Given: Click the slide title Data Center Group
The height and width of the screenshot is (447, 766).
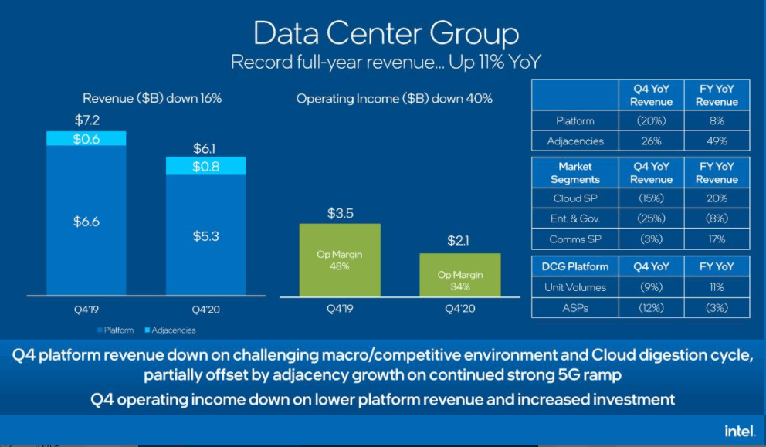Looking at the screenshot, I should (x=386, y=34).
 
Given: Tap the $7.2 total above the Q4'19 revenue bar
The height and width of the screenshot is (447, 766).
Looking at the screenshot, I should (x=86, y=120).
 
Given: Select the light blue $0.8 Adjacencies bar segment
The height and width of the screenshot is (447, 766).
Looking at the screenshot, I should (x=206, y=166).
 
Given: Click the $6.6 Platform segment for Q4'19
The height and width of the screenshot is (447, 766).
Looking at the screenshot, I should (x=86, y=222).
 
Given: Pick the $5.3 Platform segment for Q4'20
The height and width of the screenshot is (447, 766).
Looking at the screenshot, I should (x=206, y=235).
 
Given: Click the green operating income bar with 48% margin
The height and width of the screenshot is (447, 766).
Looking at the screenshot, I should (x=340, y=259).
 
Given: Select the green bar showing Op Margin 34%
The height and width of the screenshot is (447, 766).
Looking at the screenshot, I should (x=459, y=275).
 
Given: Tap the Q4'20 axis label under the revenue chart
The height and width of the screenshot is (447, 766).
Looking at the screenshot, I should (x=206, y=311).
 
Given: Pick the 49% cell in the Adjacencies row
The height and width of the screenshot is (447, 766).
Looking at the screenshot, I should (x=717, y=141).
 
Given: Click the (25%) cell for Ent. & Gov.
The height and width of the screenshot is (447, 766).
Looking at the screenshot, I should (x=652, y=218).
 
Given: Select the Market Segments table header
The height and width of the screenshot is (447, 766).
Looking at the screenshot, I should (x=575, y=173).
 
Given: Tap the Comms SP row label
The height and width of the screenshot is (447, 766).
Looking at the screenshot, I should (x=575, y=239).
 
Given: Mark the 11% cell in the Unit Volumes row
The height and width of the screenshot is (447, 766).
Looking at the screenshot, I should (x=717, y=287).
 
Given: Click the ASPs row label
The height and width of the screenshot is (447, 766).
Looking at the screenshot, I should (x=575, y=308).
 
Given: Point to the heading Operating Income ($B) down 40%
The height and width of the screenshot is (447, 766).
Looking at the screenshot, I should (x=394, y=99).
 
